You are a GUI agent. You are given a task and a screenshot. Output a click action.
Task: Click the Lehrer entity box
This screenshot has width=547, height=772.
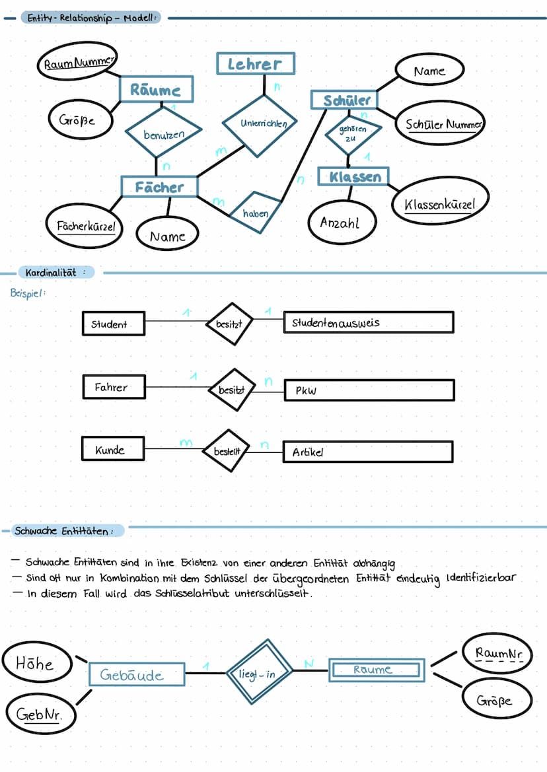click(x=255, y=64)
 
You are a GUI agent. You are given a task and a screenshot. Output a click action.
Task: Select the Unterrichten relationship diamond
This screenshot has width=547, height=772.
click(x=259, y=123)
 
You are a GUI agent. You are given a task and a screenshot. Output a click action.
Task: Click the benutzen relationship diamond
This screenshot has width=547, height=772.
click(x=164, y=134)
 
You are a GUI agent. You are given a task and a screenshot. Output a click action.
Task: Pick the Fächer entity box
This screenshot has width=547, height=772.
click(x=159, y=187)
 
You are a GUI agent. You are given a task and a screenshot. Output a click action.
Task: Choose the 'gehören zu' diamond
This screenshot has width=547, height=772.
click(x=353, y=133)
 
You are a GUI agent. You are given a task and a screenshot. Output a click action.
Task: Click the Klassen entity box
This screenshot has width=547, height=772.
click(x=353, y=177)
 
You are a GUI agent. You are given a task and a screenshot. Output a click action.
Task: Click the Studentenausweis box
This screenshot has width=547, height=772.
click(x=369, y=323)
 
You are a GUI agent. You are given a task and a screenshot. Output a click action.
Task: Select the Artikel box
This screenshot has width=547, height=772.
click(x=368, y=452)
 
